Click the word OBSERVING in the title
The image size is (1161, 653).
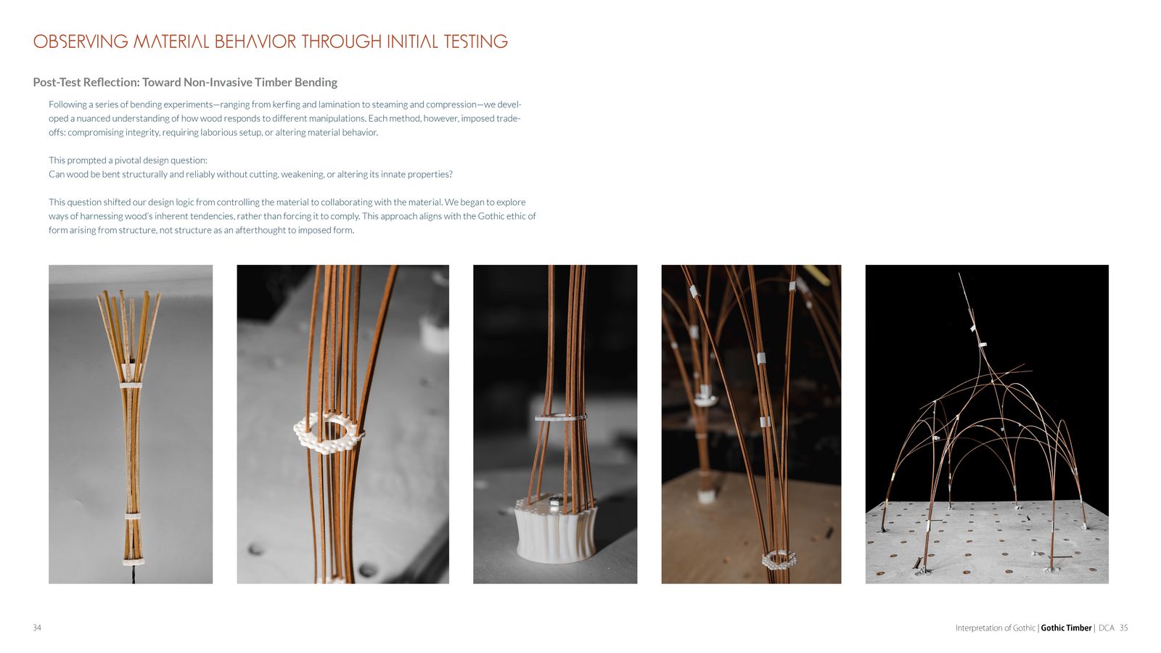(x=81, y=41)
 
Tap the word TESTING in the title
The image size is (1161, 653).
(x=476, y=41)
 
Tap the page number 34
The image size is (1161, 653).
(x=37, y=628)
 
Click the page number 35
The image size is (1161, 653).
(x=1124, y=628)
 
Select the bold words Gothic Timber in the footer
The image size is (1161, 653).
(x=1066, y=628)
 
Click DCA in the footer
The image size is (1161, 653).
(x=1106, y=628)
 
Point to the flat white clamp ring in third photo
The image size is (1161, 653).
(x=560, y=416)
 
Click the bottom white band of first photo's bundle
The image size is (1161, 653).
(x=134, y=562)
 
